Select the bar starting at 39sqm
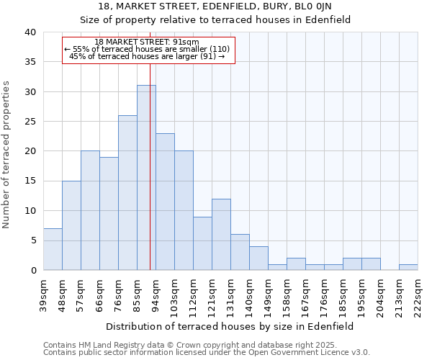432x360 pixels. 53,249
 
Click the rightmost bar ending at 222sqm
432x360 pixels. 408,267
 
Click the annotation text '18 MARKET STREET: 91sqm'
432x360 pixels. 147,42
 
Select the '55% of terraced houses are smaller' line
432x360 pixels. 147,50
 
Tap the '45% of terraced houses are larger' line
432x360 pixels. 147,57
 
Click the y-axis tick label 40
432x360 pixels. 30,32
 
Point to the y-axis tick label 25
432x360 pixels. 30,122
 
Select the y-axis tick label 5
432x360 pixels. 32,240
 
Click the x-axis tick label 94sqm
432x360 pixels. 156,293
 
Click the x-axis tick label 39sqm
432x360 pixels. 43,293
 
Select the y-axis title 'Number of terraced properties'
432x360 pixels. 7,155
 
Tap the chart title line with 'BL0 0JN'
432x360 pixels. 215,6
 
